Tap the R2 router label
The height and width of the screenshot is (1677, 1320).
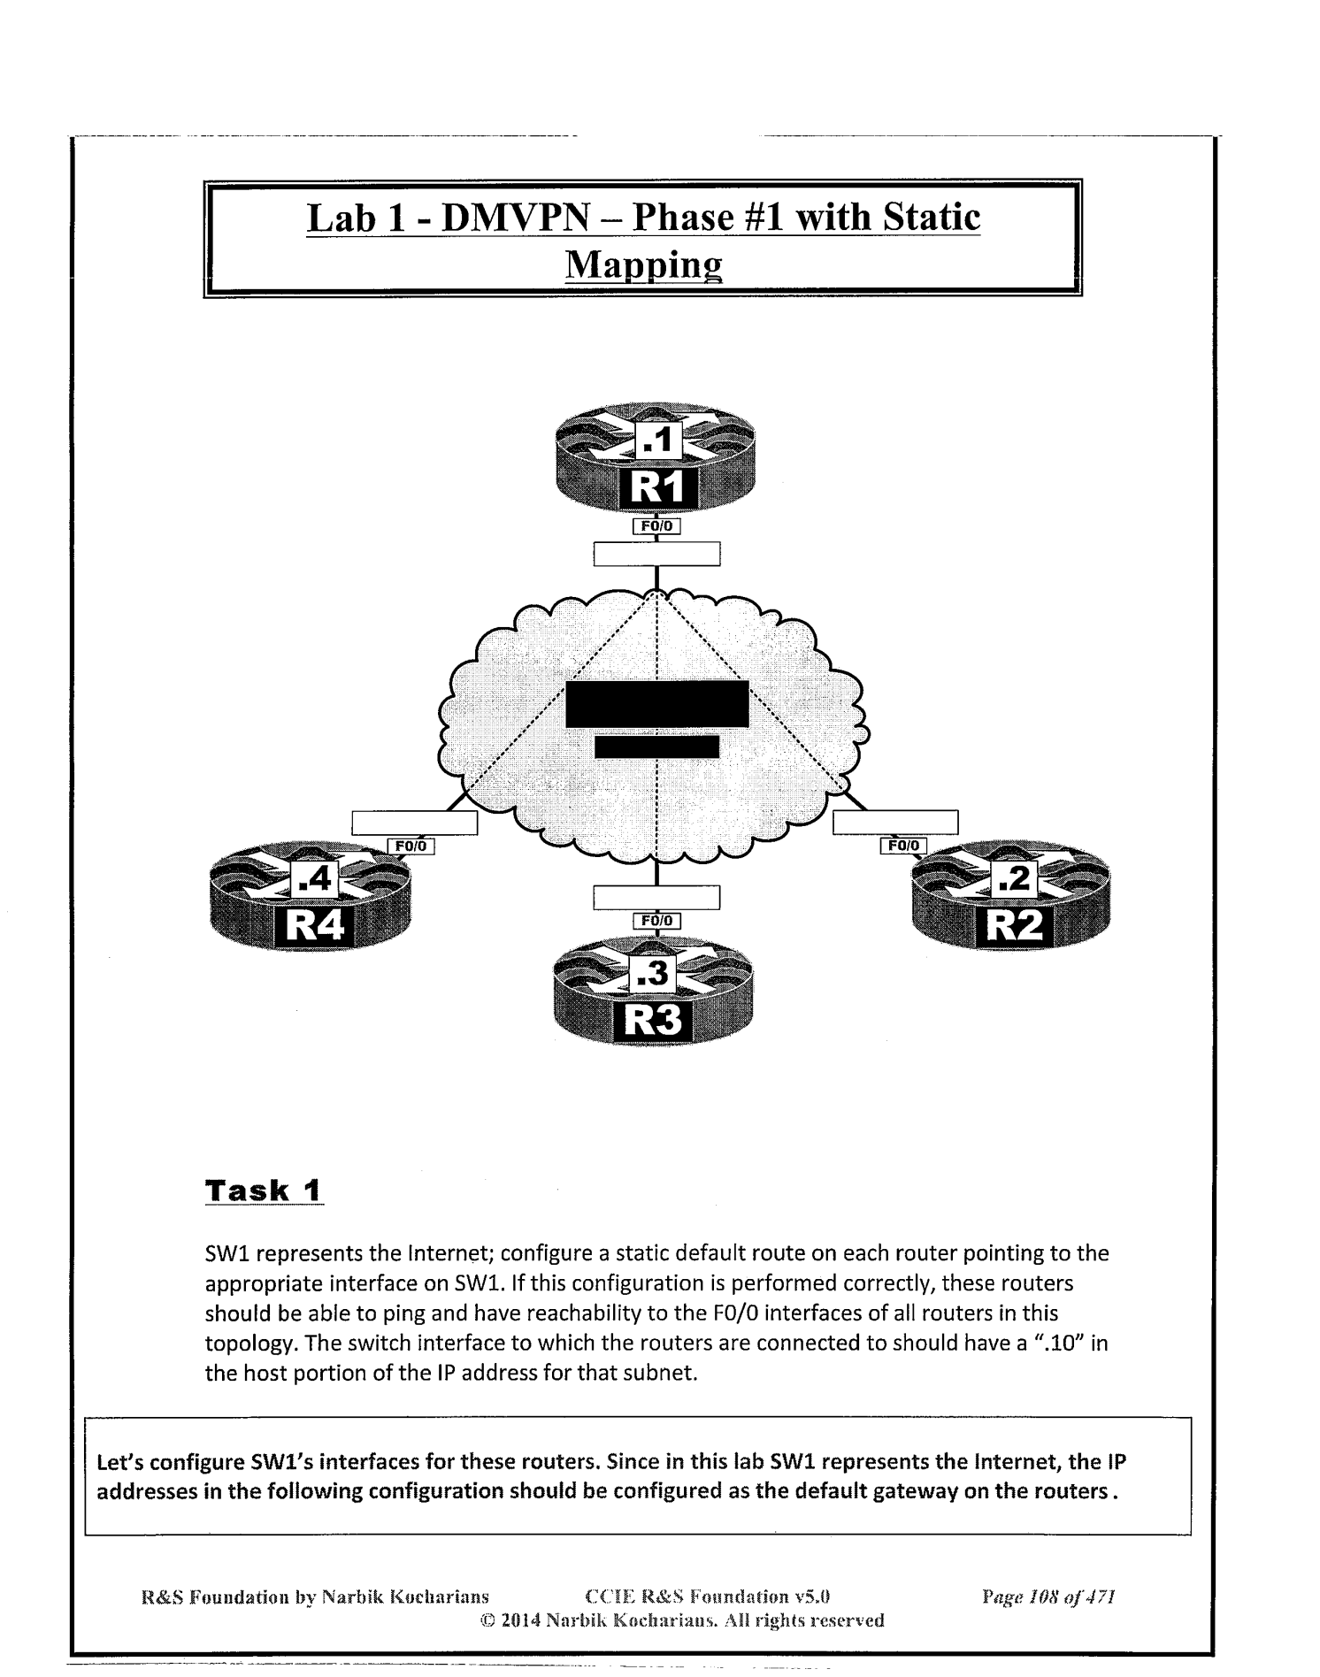pyautogui.click(x=1014, y=926)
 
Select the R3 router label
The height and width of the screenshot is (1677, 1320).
pyautogui.click(x=654, y=1020)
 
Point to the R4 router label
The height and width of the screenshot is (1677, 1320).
pyautogui.click(x=312, y=926)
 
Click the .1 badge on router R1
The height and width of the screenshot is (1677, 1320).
pyautogui.click(x=658, y=439)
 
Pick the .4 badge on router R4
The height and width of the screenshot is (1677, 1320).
pyautogui.click(x=314, y=878)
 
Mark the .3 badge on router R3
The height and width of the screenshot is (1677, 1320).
pyautogui.click(x=655, y=975)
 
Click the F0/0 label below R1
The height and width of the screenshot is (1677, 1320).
pyautogui.click(x=656, y=526)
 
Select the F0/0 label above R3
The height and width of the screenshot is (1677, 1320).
pyautogui.click(x=656, y=921)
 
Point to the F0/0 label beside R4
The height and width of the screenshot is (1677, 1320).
pyautogui.click(x=411, y=846)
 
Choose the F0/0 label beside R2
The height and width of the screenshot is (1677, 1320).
pyautogui.click(x=903, y=846)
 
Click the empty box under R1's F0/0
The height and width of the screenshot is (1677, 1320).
pyautogui.click(x=656, y=554)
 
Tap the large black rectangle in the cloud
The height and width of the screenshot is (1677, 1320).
pyautogui.click(x=656, y=704)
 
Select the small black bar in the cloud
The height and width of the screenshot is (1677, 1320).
pyautogui.click(x=656, y=747)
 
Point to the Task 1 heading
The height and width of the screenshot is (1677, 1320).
pyautogui.click(x=264, y=1190)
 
